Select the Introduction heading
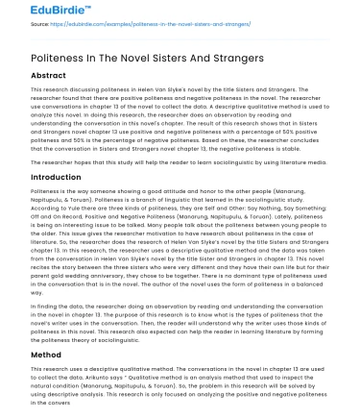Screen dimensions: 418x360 point(44,177)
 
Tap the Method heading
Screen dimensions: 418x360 point(33,355)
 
